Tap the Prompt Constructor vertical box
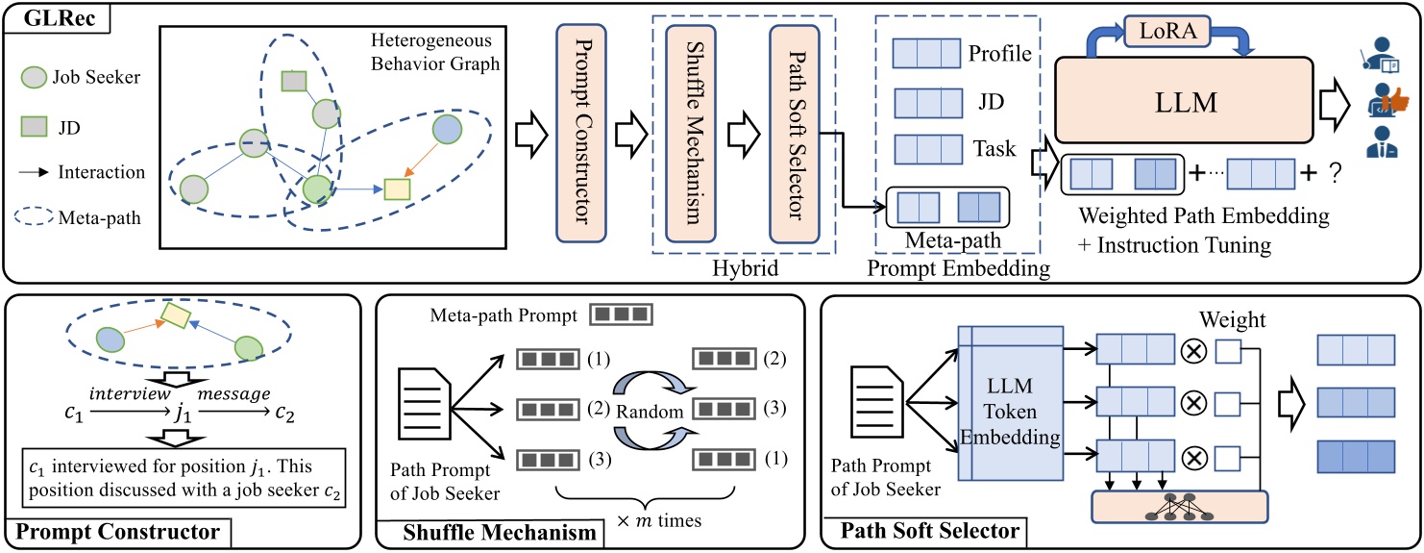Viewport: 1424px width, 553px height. click(x=584, y=131)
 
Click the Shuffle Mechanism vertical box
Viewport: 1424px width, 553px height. click(x=691, y=131)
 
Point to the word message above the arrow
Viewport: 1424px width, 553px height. click(x=233, y=395)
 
